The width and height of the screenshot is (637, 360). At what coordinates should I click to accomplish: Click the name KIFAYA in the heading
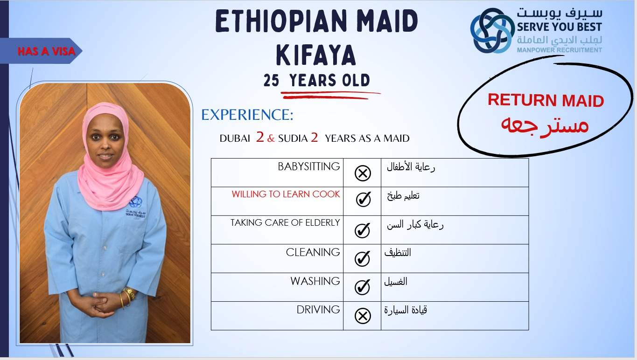pyautogui.click(x=316, y=55)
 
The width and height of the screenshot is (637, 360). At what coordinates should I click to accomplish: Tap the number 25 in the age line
pyautogui.click(x=271, y=80)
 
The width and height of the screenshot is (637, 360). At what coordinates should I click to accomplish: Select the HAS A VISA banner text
pyautogui.click(x=46, y=51)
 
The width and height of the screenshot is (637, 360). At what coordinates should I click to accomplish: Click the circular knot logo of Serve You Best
pyautogui.click(x=492, y=30)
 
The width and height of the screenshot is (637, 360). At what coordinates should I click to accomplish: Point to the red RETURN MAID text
pyautogui.click(x=546, y=100)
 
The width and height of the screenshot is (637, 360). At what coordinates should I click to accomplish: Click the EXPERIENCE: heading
pyautogui.click(x=247, y=115)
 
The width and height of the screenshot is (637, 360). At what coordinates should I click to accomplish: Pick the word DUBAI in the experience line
pyautogui.click(x=235, y=138)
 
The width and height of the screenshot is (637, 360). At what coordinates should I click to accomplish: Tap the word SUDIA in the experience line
pyautogui.click(x=293, y=138)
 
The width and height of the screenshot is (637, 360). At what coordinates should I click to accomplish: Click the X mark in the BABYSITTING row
pyautogui.click(x=363, y=173)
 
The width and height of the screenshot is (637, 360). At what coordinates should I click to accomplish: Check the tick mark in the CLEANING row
pyautogui.click(x=362, y=258)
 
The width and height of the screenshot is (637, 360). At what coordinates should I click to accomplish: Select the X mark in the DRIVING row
pyautogui.click(x=363, y=316)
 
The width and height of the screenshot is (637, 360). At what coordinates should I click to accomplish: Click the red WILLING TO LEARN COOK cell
pyautogui.click(x=286, y=194)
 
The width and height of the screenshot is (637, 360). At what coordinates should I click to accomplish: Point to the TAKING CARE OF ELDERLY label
pyautogui.click(x=285, y=222)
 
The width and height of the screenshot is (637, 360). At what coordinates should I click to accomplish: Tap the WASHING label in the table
pyautogui.click(x=315, y=281)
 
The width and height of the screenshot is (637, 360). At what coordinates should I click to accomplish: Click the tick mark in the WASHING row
pyautogui.click(x=362, y=287)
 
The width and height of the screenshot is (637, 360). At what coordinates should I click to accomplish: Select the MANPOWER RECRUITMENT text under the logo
pyautogui.click(x=560, y=50)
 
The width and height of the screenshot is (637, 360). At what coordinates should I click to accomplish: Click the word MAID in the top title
pyautogui.click(x=387, y=21)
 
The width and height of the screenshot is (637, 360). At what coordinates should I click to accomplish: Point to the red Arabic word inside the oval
pyautogui.click(x=545, y=125)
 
